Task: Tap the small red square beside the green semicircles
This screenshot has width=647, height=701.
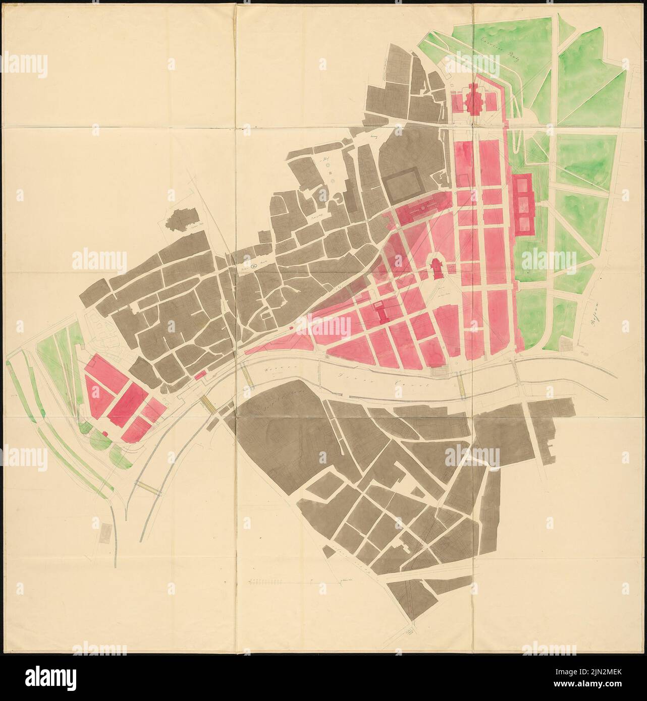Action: pyautogui.click(x=105, y=433)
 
